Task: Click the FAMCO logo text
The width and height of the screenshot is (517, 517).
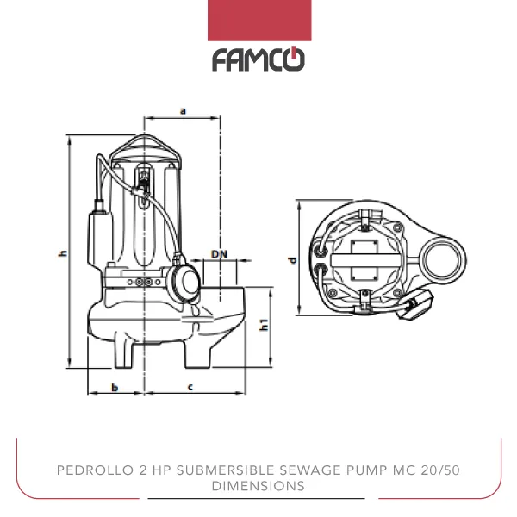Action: [x=258, y=59]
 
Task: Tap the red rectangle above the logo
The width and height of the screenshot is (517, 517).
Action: [x=258, y=20]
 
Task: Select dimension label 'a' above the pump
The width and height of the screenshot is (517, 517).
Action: [x=183, y=109]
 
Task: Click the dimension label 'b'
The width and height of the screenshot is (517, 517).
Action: [x=115, y=387]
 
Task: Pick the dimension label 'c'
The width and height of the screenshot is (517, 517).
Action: [x=190, y=387]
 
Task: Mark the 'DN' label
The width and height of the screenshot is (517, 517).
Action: [x=220, y=254]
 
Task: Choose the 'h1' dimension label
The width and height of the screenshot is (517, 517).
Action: [x=265, y=326]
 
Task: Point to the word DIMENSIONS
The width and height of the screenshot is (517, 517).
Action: [x=258, y=486]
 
